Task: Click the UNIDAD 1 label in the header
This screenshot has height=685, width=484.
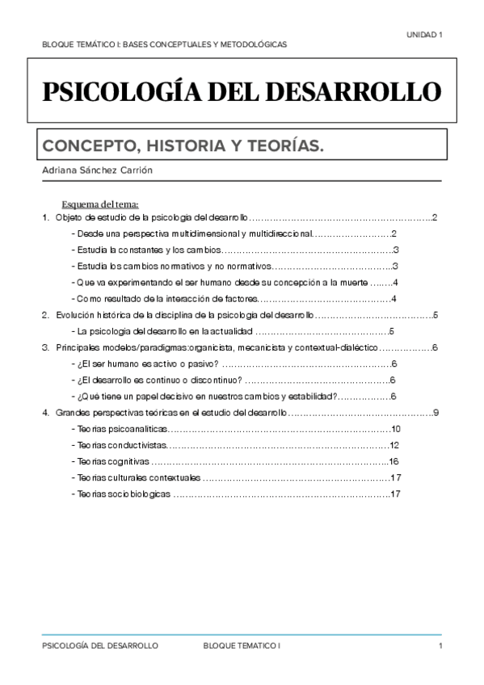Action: coord(423,34)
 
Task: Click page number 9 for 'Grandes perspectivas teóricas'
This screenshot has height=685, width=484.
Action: coord(436,414)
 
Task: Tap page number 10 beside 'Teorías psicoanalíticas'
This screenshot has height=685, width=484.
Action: coord(395,430)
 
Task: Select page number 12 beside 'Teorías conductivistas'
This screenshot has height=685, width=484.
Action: coord(394,446)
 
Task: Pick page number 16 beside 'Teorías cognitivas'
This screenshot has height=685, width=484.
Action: coord(394,461)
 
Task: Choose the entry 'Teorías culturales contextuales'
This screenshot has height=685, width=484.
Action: coord(136,478)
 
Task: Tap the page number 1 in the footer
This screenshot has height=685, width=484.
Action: coord(440,648)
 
